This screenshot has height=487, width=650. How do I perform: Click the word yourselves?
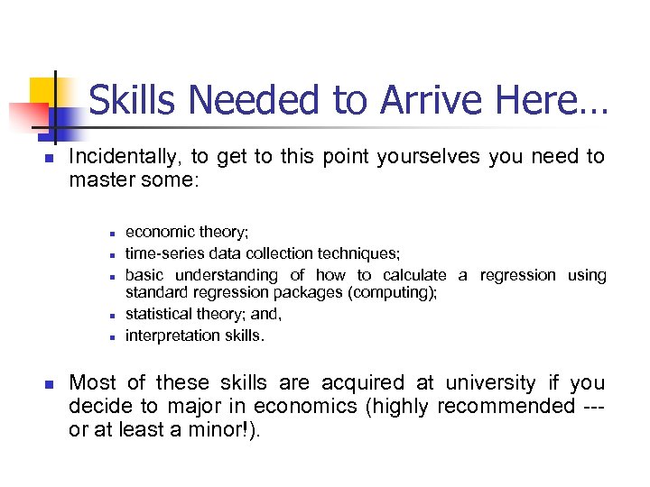[x=429, y=156]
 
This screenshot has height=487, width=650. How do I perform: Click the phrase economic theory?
[x=186, y=232]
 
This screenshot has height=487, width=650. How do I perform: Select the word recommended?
[x=506, y=406]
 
